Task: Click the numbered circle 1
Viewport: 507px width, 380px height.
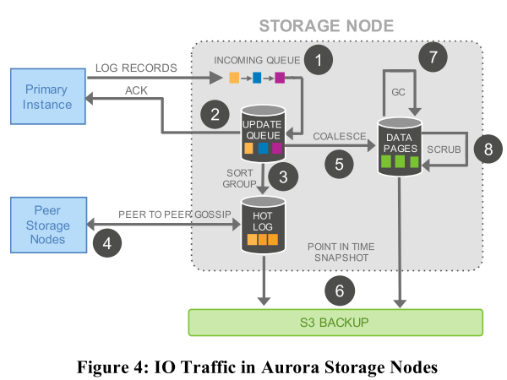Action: [318, 60]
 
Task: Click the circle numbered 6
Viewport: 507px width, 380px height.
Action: [339, 291]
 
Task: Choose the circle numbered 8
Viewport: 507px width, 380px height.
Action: [487, 148]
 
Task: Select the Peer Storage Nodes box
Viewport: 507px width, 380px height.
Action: [47, 225]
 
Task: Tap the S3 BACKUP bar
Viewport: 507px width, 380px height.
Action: [335, 323]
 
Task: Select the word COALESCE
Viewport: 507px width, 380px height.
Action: [336, 135]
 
